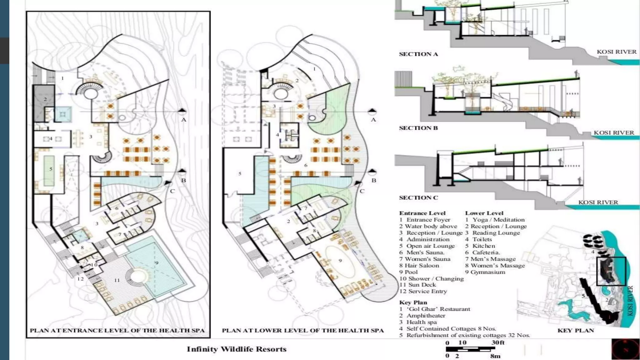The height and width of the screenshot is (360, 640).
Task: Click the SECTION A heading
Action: coord(418,54)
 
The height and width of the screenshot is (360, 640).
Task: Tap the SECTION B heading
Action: coord(418,128)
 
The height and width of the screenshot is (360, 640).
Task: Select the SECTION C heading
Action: coord(418,197)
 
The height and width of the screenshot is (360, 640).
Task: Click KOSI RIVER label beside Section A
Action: coord(616,52)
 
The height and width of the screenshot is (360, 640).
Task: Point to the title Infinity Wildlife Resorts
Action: coord(237,349)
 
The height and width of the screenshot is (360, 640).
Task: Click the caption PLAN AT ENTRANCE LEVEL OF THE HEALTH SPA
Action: coord(117,330)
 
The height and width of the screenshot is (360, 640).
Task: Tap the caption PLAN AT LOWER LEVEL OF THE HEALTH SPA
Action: coord(302,330)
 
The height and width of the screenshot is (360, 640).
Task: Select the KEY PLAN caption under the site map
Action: coord(576,330)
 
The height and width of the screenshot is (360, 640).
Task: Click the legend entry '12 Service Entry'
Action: coord(423,291)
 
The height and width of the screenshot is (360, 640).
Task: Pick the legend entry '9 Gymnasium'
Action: coord(485,272)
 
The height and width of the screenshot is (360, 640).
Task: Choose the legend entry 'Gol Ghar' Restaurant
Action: coord(435,309)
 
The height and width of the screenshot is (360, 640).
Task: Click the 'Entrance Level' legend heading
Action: coord(422,213)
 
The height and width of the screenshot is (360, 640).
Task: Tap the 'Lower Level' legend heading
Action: coord(484,213)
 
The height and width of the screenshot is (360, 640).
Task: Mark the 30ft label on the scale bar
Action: coord(498,342)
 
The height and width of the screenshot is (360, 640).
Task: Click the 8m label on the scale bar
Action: coord(495,356)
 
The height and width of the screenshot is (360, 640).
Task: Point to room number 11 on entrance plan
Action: coord(117,280)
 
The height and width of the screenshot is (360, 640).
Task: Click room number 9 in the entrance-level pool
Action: coord(157,263)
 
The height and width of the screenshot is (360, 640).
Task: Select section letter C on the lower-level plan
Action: coord(362,191)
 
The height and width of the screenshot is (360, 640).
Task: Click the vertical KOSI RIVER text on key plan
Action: coord(630,301)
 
